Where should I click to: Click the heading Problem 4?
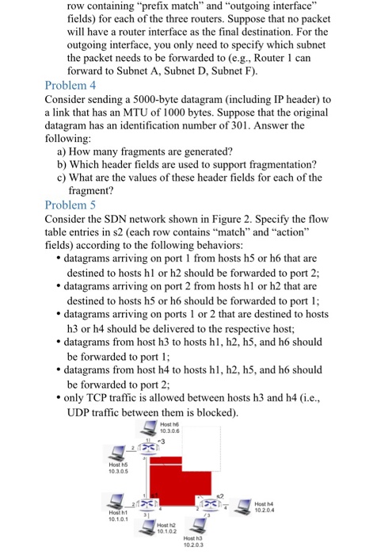click(x=70, y=85)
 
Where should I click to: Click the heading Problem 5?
click(x=70, y=205)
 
